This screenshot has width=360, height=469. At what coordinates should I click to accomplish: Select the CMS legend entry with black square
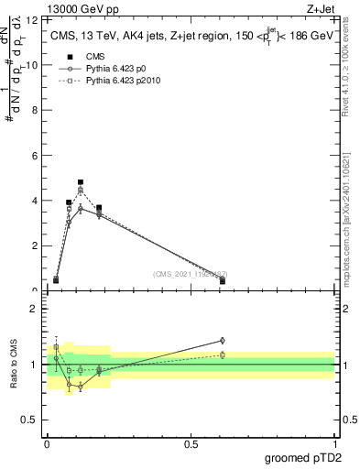tap(83, 56)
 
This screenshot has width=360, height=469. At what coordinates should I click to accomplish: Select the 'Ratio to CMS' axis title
tap(15, 365)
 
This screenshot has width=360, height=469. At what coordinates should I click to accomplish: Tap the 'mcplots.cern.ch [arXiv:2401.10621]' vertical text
tap(345, 211)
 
